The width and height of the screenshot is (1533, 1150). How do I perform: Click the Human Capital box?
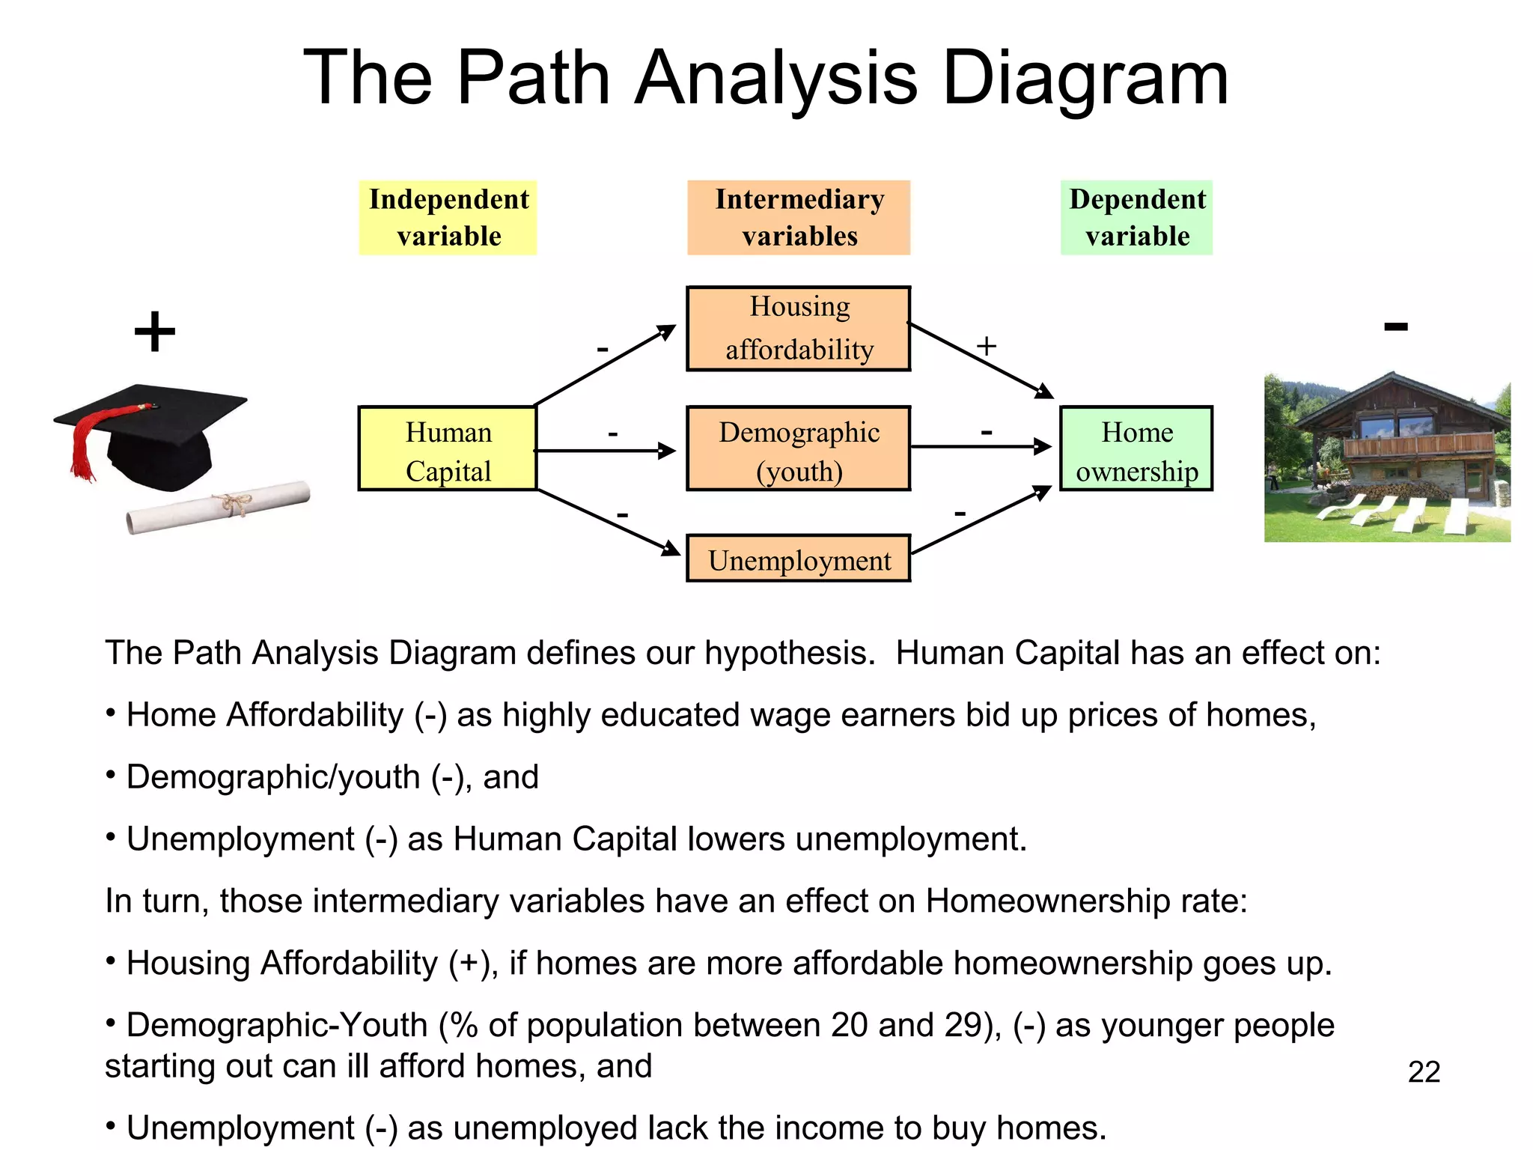[x=448, y=449]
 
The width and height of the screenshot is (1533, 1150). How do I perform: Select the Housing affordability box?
[x=798, y=329]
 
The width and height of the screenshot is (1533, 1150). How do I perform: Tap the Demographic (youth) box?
[x=798, y=449]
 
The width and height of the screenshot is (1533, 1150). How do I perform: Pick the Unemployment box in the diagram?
[x=798, y=559]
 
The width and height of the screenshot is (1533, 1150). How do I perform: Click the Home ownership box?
[x=1136, y=449]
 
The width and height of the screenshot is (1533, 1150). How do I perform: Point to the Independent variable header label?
[x=448, y=218]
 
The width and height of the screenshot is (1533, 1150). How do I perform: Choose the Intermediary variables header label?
[x=798, y=218]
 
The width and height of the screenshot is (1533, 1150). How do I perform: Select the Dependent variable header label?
[x=1136, y=218]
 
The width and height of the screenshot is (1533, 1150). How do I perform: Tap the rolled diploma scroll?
[x=217, y=507]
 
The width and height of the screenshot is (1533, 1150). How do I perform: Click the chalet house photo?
[x=1386, y=458]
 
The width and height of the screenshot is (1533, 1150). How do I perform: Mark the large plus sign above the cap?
[x=154, y=332]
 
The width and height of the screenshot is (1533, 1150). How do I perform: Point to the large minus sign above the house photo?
[x=1395, y=326]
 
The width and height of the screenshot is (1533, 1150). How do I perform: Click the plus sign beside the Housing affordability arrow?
[x=986, y=346]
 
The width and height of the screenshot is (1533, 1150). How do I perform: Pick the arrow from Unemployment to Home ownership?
[x=981, y=521]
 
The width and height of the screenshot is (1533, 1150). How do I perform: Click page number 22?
[x=1423, y=1072]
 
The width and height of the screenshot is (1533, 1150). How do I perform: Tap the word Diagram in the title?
[x=1085, y=78]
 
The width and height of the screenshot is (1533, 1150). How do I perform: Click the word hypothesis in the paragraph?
[x=789, y=654]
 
